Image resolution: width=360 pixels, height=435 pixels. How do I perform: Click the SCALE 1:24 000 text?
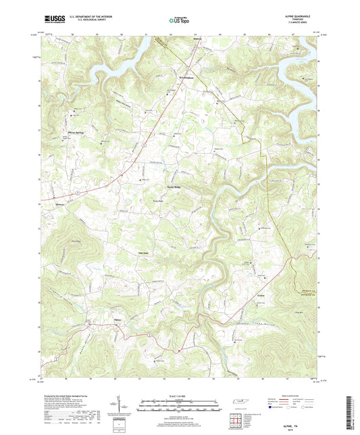[179, 394]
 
